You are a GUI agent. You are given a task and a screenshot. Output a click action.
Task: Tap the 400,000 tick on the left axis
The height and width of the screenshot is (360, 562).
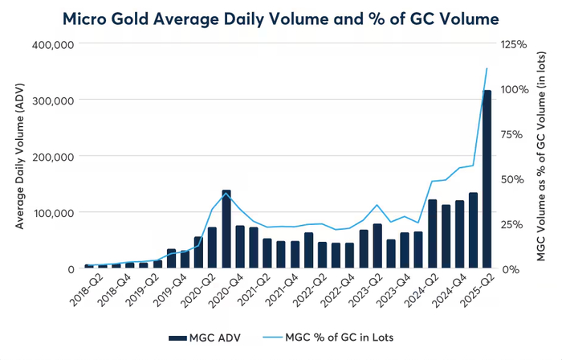(x=52, y=44)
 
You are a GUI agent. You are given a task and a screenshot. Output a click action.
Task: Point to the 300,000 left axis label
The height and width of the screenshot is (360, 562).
(x=52, y=100)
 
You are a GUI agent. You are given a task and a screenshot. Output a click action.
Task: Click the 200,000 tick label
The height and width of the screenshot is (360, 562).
(x=52, y=157)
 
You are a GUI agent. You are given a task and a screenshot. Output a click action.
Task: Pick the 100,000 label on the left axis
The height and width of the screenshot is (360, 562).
(x=52, y=213)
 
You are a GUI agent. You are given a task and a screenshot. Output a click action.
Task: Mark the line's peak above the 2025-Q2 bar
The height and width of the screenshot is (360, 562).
(x=487, y=69)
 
